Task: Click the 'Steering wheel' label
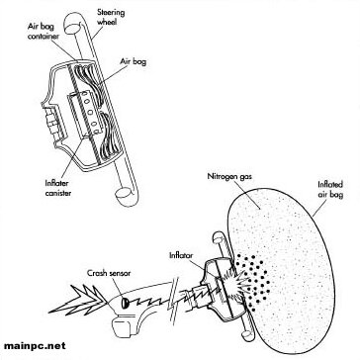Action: (111, 18)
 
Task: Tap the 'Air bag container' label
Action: (44, 31)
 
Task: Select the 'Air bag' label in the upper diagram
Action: (134, 62)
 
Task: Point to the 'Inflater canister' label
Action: (58, 188)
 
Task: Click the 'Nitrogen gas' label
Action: (229, 177)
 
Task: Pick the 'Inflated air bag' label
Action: (330, 189)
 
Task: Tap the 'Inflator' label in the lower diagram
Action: (181, 255)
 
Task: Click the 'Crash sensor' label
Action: (109, 273)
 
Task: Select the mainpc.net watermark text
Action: (35, 346)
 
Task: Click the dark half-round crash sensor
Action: (125, 303)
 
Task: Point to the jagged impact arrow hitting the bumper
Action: (77, 300)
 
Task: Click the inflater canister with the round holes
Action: (84, 113)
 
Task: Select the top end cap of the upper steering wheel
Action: (71, 27)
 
